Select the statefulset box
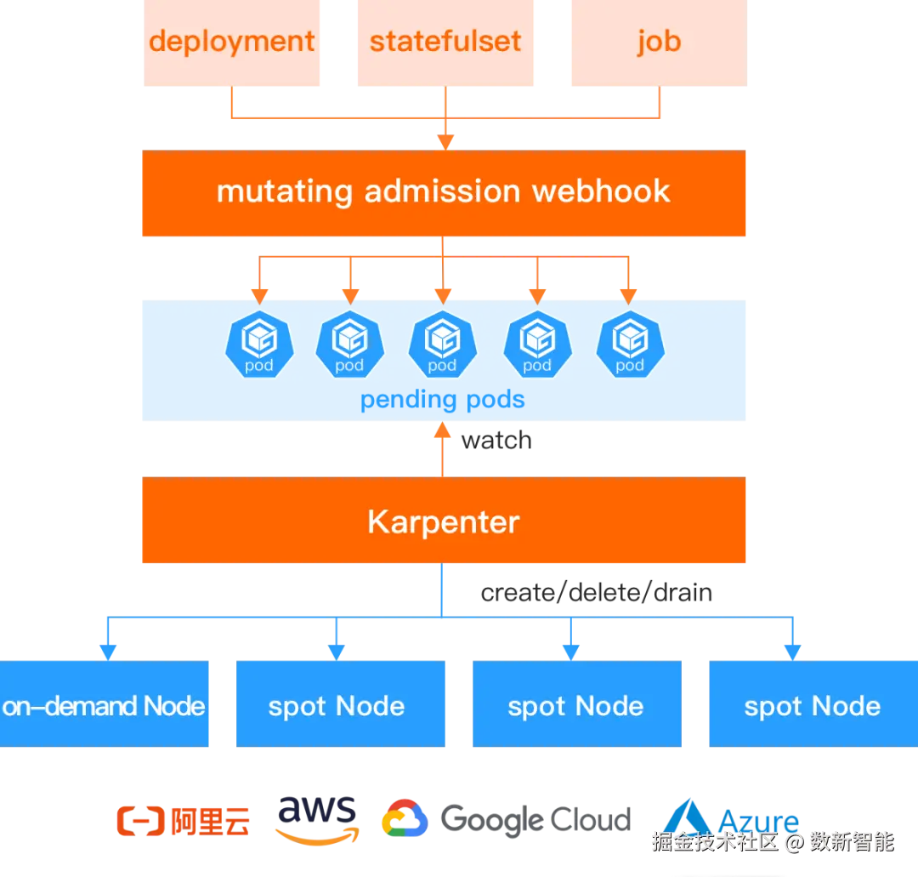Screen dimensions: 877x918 445,43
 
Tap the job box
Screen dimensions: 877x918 656,43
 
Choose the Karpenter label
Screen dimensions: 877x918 443,521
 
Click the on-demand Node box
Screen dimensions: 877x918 105,705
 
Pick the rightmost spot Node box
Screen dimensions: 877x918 813,705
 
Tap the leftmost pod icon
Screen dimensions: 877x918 259,345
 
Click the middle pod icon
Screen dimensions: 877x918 442,345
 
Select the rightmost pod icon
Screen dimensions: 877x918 630,345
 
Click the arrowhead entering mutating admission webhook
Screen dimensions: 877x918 444,140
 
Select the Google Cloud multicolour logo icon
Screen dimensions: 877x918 404,819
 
